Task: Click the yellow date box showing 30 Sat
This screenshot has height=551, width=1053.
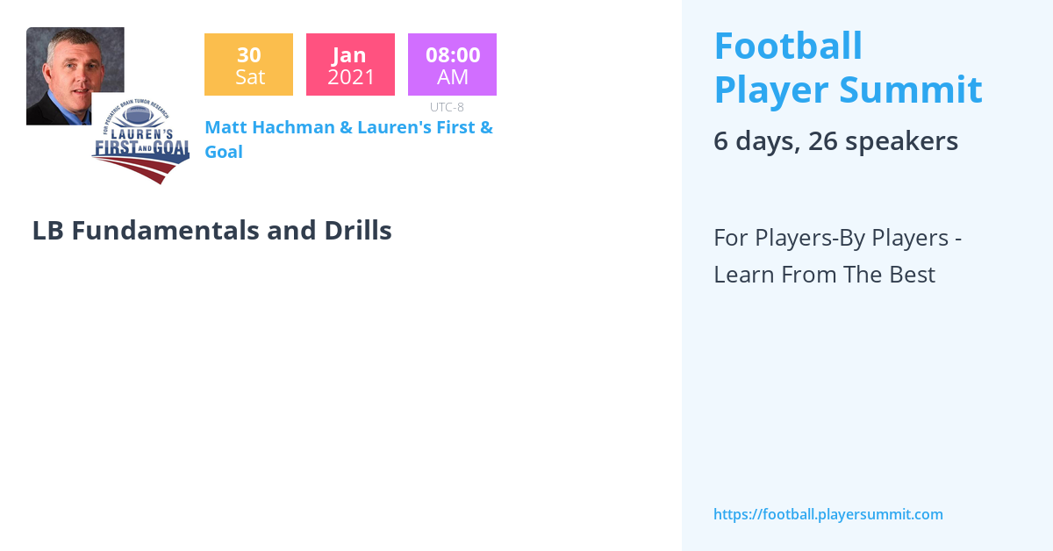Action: coord(248,64)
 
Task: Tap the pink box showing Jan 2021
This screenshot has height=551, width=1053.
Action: coord(350,64)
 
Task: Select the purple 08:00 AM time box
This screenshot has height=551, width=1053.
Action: coord(452,64)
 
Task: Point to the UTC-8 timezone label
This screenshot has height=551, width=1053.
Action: coord(447,107)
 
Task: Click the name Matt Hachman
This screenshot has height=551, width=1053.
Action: coord(269,127)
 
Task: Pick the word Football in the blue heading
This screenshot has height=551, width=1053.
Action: coord(788,47)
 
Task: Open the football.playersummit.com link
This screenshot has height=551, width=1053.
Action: coord(827,514)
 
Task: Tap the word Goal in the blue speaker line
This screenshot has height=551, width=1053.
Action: coord(223,152)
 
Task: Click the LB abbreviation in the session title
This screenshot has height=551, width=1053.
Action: coord(47,231)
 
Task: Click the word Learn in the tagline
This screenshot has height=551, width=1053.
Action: coord(742,275)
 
